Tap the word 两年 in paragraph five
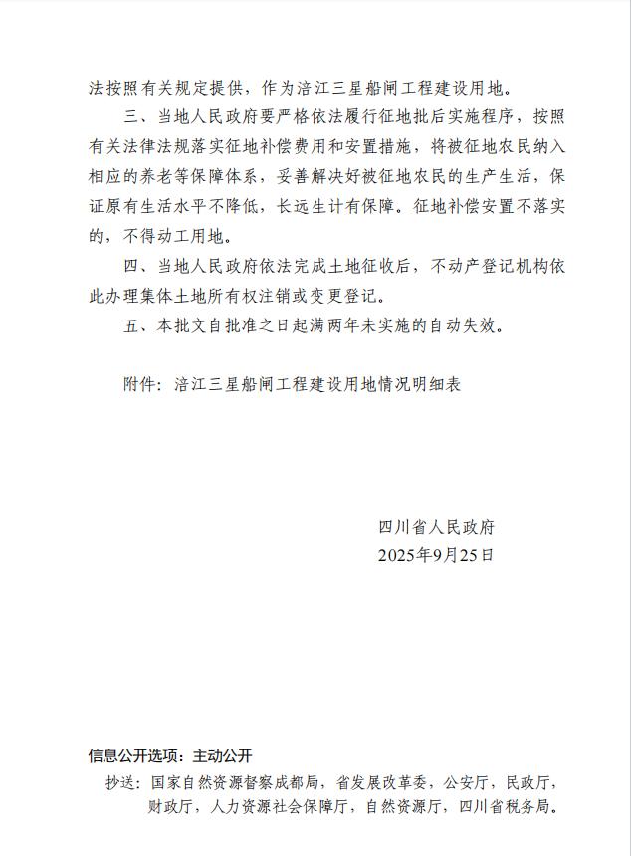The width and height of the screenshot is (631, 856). click(330, 324)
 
